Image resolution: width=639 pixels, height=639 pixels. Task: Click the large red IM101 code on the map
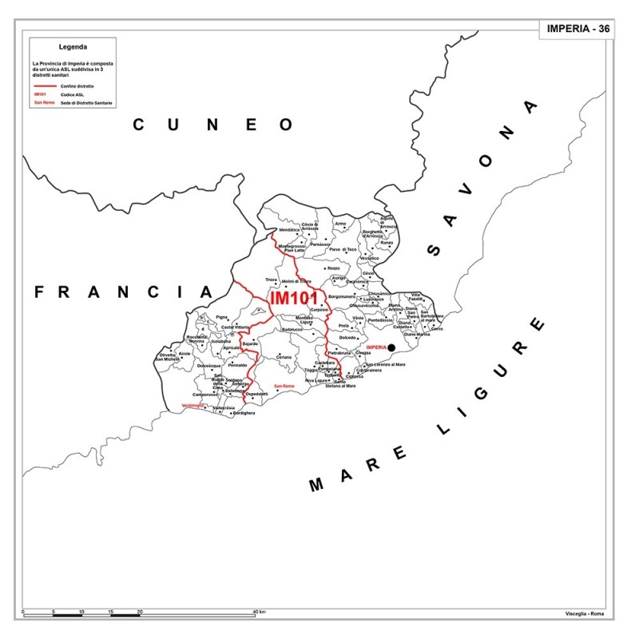(x=295, y=297)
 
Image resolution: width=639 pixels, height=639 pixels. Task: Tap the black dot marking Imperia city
(x=391, y=347)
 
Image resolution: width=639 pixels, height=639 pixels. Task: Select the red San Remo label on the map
(x=284, y=387)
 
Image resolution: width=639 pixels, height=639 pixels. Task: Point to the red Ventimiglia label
(x=194, y=406)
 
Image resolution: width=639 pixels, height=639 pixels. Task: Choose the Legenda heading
(x=73, y=46)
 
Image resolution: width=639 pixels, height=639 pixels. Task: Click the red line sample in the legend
(x=46, y=85)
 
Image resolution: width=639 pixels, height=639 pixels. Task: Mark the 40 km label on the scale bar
(x=259, y=612)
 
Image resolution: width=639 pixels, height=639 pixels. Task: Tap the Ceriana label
(x=284, y=356)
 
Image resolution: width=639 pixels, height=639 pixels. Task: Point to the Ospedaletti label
(x=256, y=395)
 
